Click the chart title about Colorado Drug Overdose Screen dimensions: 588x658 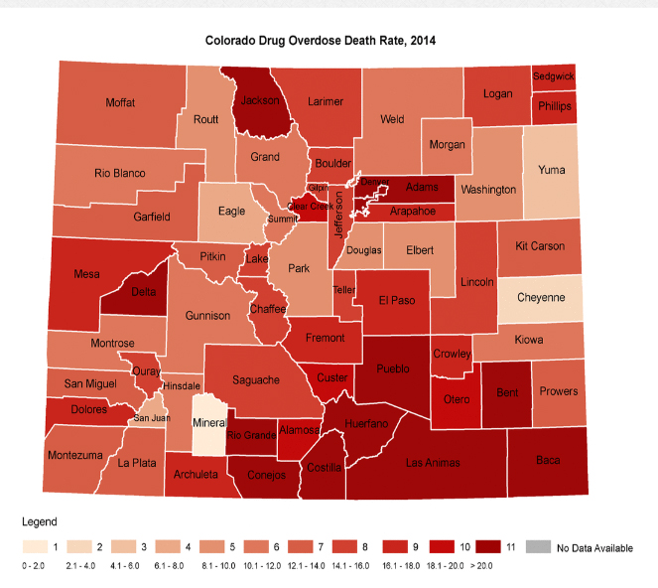pos(320,42)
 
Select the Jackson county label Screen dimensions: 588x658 pos(260,100)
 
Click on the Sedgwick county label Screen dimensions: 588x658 pos(553,75)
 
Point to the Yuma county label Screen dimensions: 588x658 pos(551,170)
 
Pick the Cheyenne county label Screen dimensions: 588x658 pos(541,297)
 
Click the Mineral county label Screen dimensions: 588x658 pos(207,422)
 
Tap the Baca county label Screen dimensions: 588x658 pos(547,460)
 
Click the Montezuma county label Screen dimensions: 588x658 pos(73,455)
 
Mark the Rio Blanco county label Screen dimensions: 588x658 pos(120,174)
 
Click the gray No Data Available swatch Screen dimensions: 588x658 pos(537,546)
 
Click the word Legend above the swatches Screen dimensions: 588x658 pos(39,521)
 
